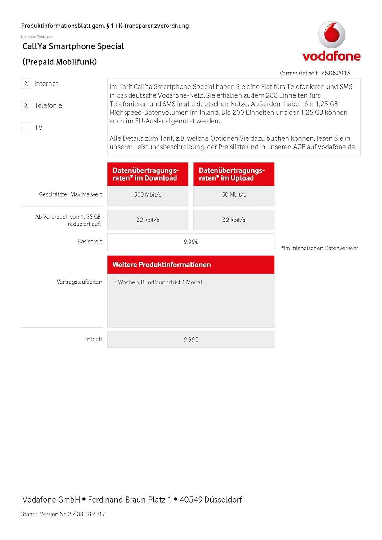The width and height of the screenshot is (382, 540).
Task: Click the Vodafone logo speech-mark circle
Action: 332,35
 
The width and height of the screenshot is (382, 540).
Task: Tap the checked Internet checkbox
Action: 26,84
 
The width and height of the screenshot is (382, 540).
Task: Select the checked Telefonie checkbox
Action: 26,105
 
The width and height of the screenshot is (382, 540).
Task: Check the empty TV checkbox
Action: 26,127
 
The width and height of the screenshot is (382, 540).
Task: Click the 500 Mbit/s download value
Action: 148,194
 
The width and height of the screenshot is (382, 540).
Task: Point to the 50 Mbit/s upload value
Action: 234,194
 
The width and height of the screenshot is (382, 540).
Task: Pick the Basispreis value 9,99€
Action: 191,242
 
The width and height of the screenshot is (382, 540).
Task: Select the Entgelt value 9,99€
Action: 191,339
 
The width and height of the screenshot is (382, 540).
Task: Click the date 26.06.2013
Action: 336,73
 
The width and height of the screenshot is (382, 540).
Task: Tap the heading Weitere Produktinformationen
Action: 162,265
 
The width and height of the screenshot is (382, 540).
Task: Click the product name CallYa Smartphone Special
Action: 73,46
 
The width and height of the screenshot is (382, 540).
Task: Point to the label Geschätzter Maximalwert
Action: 71,194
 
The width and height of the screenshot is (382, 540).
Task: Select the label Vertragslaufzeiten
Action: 79,282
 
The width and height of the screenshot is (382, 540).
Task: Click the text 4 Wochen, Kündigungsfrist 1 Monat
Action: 158,282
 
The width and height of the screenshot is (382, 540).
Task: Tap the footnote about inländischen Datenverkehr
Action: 320,248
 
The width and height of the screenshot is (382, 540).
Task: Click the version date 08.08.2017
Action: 91,514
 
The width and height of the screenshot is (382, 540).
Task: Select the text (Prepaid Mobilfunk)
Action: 59,62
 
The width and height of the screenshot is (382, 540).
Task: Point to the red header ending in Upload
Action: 234,174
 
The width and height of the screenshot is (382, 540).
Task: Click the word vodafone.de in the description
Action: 337,147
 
